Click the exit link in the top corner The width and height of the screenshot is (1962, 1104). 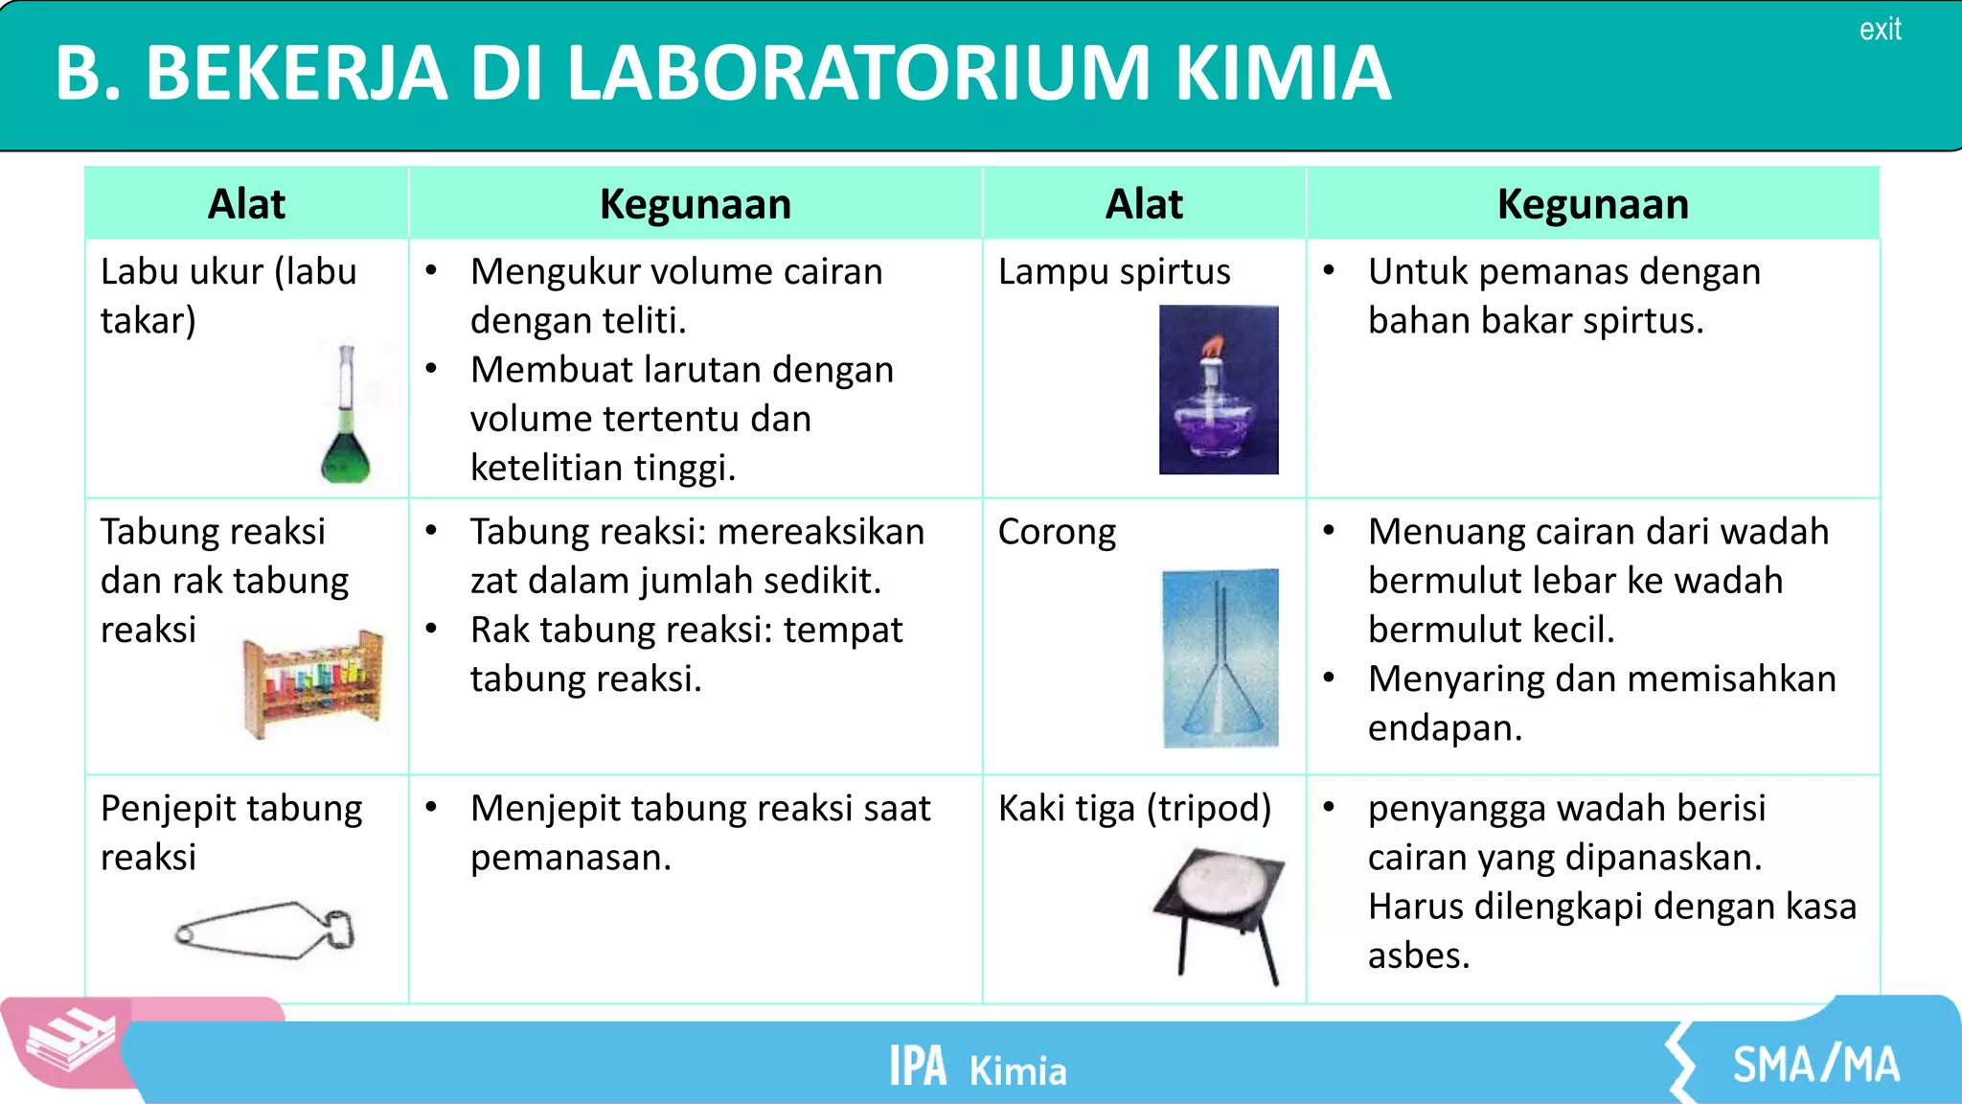tap(1880, 30)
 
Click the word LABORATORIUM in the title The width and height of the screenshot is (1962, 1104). tap(857, 74)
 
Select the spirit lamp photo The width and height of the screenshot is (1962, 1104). tap(1219, 390)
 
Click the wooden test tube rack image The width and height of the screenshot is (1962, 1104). tap(314, 682)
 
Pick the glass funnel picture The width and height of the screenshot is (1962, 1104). tap(1220, 658)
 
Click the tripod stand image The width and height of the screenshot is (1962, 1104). tap(1221, 910)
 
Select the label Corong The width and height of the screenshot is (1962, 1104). tap(1057, 533)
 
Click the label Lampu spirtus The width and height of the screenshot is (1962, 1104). tap(1114, 272)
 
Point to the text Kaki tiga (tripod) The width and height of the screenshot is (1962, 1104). tap(1134, 809)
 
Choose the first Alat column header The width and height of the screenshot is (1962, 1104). tap(247, 204)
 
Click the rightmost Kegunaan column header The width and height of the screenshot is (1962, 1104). tap(1592, 204)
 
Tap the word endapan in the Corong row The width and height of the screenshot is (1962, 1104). tap(1444, 728)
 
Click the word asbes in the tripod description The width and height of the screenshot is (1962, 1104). tap(1417, 955)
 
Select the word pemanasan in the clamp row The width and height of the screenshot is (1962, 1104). tap(569, 858)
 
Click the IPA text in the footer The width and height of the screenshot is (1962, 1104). tap(917, 1067)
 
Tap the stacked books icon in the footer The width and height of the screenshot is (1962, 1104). tap(69, 1042)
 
